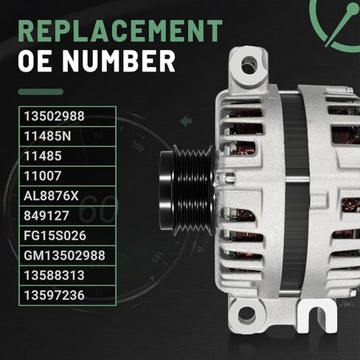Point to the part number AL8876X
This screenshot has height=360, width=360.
click(x=51, y=195)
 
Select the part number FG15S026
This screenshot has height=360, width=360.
click(x=55, y=235)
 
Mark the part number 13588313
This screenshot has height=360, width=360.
click(x=55, y=275)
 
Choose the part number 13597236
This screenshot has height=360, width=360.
click(x=55, y=295)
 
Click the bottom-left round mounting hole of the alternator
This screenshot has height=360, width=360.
click(x=246, y=313)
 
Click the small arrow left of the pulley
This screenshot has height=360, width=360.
click(x=186, y=119)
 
